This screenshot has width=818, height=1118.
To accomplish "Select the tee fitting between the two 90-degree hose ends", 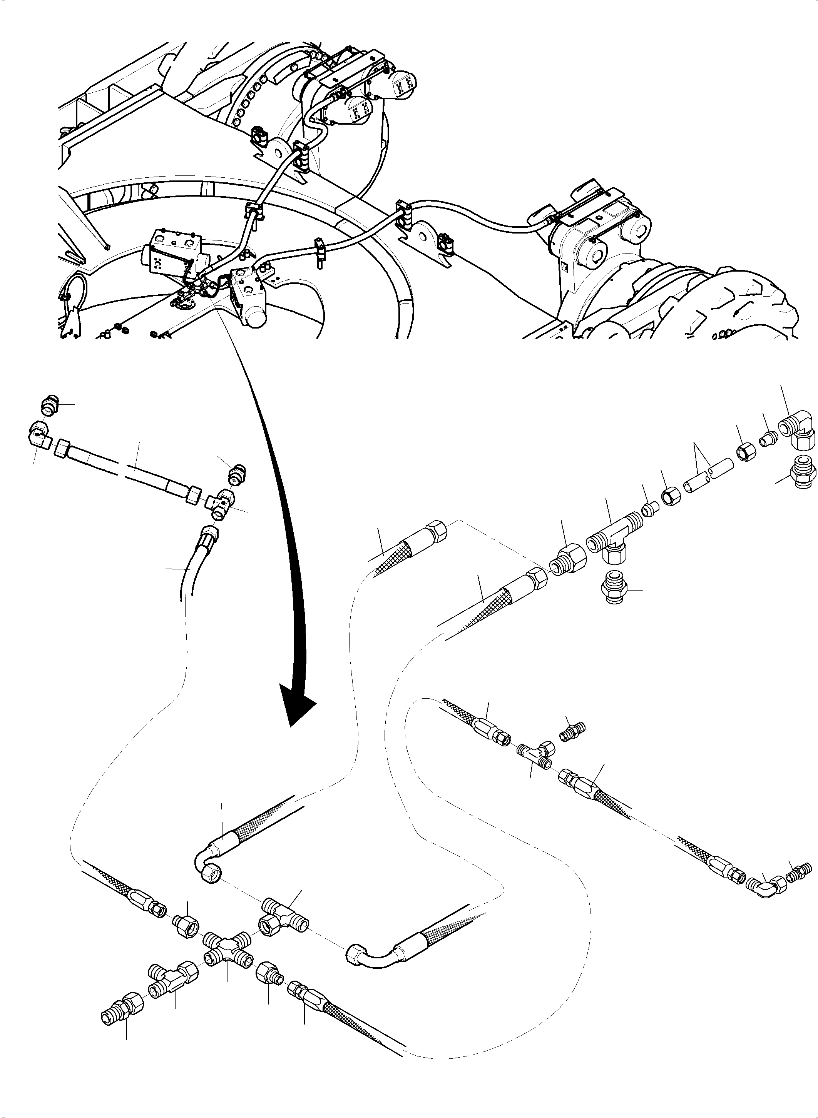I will [x=282, y=910].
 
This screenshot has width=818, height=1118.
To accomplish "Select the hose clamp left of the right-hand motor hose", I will [x=403, y=214].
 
